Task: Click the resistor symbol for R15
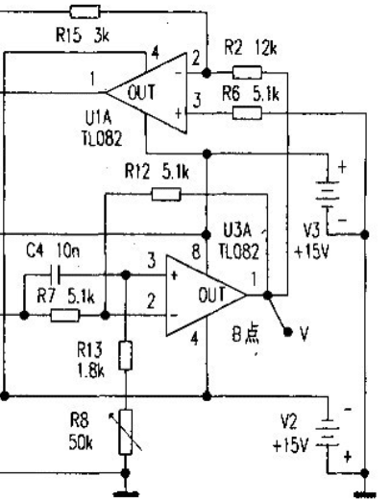tap(85, 12)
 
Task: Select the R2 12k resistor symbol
tap(247, 72)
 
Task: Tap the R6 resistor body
tap(247, 113)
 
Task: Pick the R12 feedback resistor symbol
tap(166, 195)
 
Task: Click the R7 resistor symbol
tap(65, 316)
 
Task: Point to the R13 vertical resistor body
tap(126, 355)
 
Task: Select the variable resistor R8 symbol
tap(126, 432)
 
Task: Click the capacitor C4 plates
tap(55, 274)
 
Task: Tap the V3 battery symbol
tap(328, 195)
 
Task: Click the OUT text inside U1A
tap(141, 92)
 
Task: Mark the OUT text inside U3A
tap(212, 295)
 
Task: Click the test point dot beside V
tap(288, 332)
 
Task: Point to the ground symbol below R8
tap(126, 494)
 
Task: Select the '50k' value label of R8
tap(81, 443)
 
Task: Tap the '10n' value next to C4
tap(68, 250)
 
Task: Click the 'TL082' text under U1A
tap(102, 139)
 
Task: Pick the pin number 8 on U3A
tap(196, 251)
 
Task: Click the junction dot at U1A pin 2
tap(207, 73)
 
